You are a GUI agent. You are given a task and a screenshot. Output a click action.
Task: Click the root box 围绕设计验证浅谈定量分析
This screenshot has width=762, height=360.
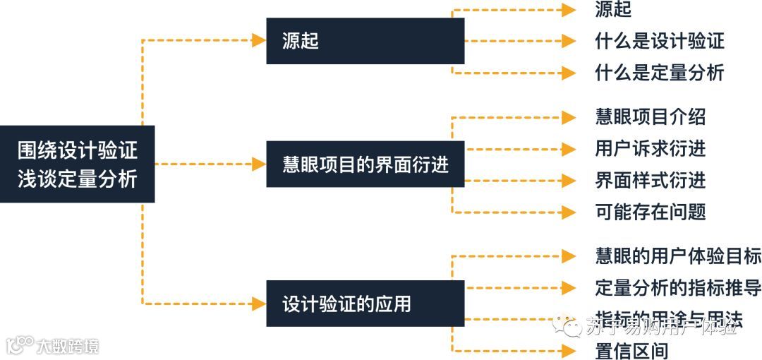77,164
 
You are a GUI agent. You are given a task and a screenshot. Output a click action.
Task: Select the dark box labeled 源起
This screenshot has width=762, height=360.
365,41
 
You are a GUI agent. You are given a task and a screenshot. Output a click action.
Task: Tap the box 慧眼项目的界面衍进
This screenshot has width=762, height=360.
365,164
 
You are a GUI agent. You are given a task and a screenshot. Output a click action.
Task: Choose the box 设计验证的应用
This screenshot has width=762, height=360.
365,304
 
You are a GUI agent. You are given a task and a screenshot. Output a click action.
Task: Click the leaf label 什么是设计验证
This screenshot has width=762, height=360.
660,41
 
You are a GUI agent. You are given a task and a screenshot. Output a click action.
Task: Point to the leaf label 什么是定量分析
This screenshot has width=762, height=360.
660,72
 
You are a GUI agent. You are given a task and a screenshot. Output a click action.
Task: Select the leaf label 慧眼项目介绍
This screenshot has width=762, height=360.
650,116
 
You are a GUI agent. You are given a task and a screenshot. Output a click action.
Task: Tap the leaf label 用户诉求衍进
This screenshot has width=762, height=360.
650,148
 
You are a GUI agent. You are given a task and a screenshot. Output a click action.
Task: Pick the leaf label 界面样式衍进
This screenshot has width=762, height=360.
650,180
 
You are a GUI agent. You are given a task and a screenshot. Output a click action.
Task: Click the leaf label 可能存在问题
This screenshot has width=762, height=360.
650,211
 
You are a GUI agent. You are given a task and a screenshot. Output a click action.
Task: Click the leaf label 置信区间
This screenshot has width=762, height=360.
631,351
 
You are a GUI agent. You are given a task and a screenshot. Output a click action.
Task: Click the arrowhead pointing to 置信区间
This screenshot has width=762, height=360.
569,351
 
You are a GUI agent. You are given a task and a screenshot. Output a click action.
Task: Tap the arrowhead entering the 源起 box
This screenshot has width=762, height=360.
259,41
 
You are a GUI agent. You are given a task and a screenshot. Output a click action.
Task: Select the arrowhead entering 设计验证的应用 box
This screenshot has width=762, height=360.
259,304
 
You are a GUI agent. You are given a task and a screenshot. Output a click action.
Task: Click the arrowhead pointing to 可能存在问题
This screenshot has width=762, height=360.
569,211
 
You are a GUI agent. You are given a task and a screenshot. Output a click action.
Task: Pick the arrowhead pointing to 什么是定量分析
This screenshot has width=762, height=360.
569,72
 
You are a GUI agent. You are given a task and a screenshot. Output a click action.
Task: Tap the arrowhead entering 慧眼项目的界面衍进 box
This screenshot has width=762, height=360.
259,164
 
